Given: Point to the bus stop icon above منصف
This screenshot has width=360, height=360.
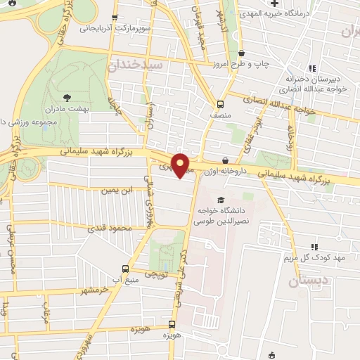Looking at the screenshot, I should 220,101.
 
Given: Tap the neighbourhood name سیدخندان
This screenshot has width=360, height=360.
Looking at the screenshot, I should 138,64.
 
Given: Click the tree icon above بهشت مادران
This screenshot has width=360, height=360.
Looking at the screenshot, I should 67,98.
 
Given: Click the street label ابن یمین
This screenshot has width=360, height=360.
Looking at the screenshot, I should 117,190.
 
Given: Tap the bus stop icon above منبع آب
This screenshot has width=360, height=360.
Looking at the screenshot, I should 126,269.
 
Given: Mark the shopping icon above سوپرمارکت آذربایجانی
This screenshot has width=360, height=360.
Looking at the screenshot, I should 115,18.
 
